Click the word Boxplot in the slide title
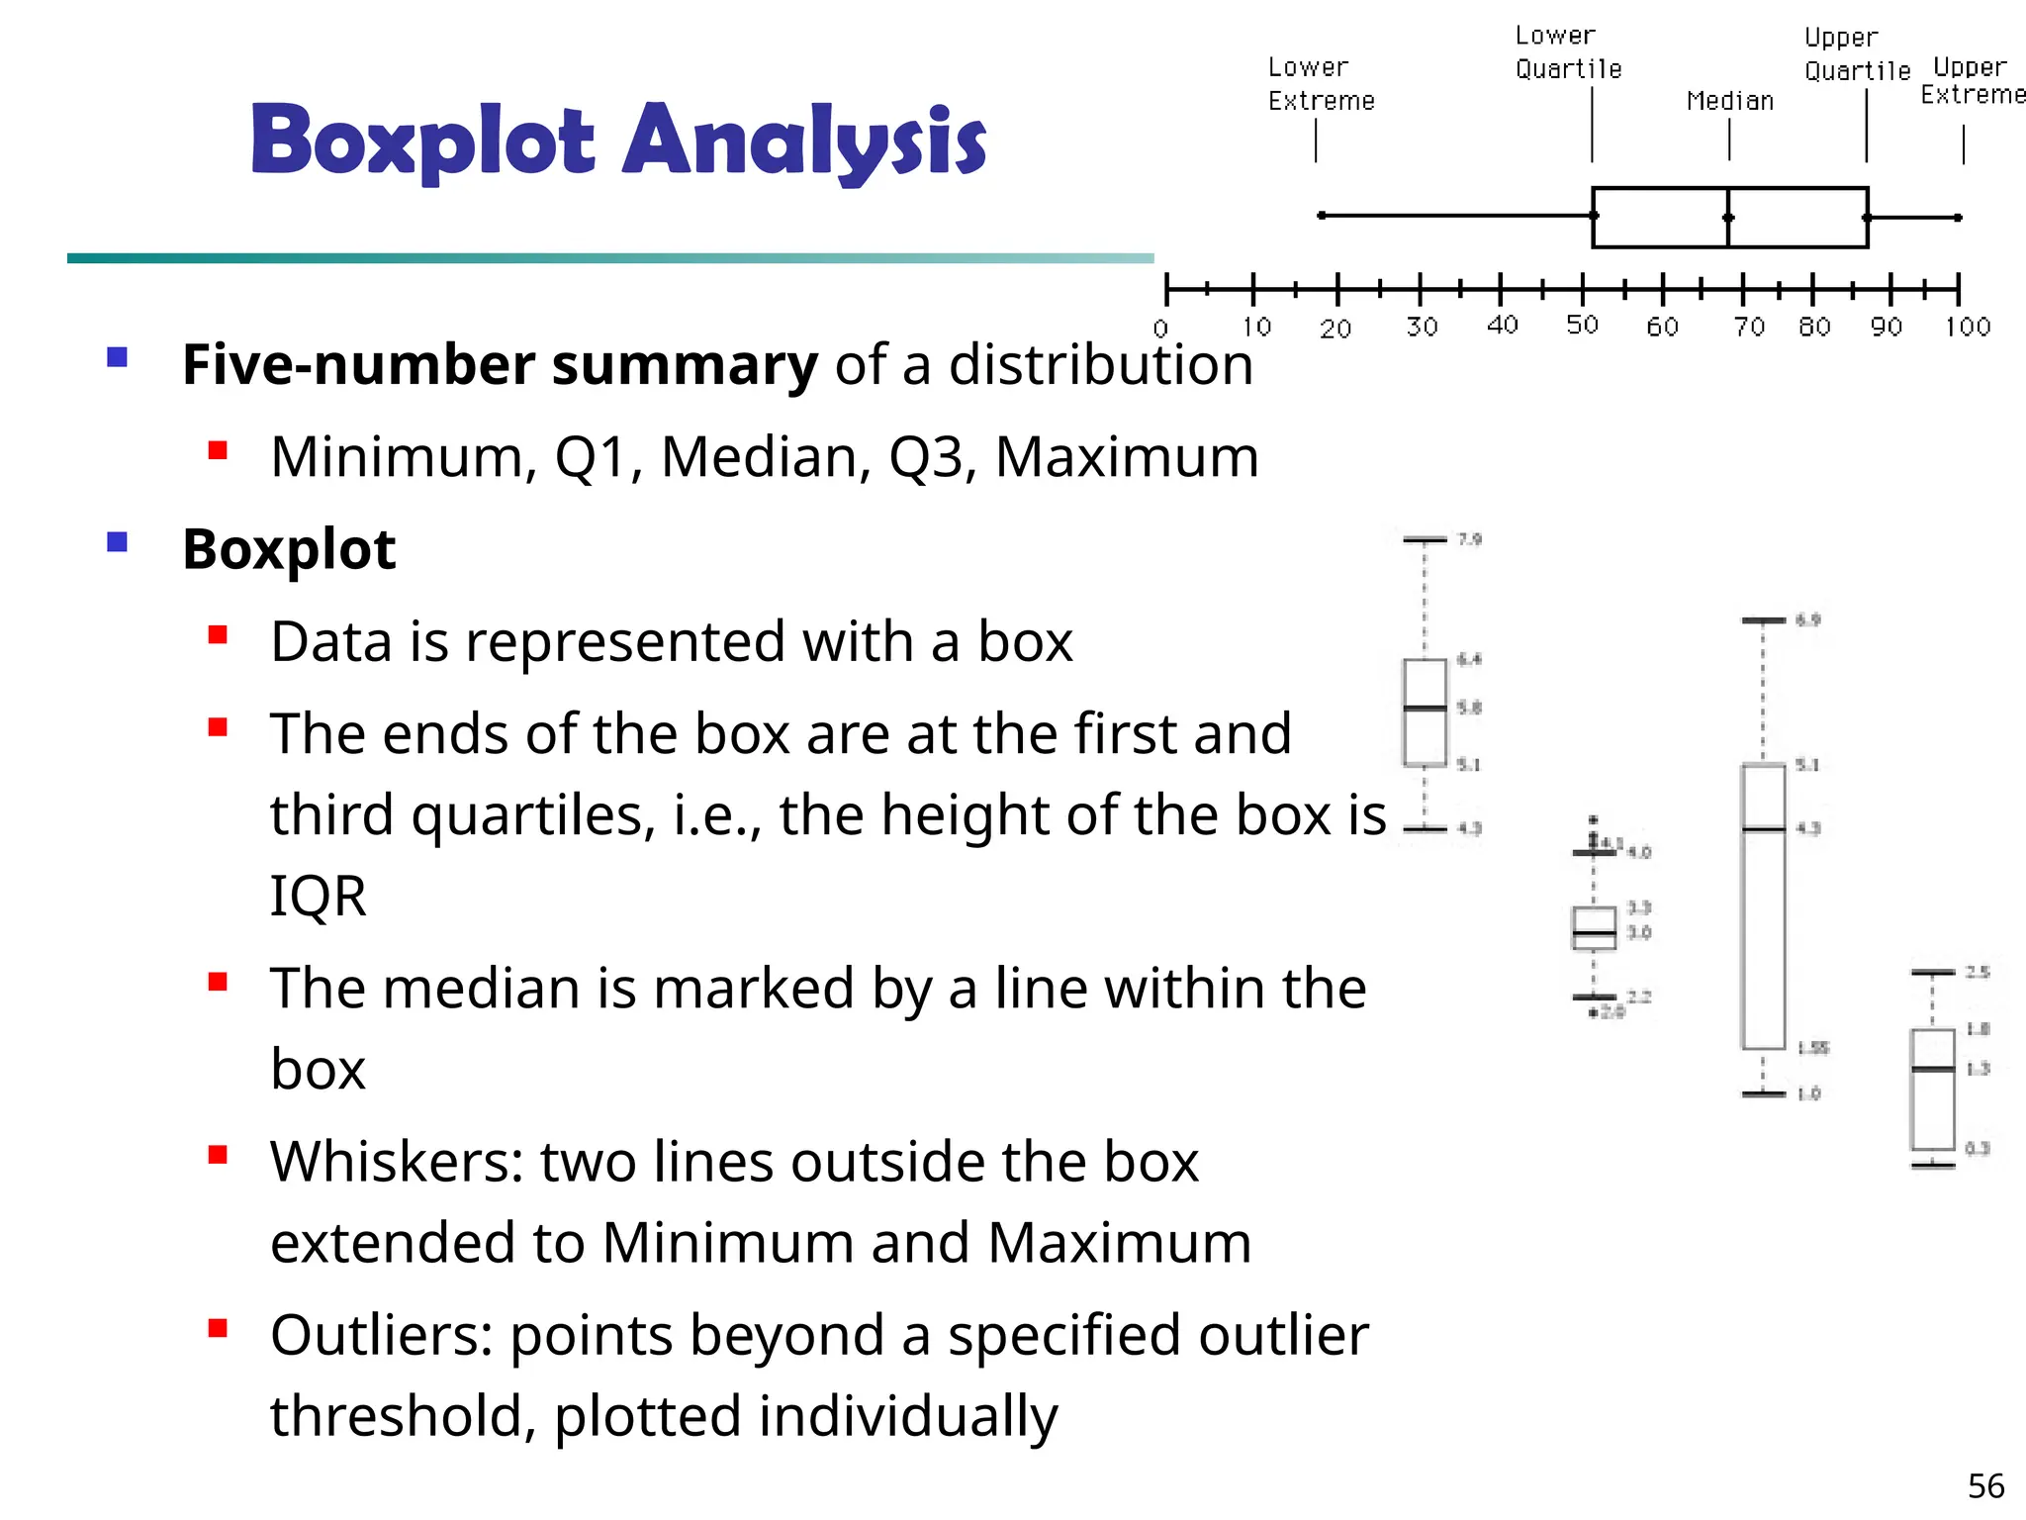[422, 142]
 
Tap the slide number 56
[1985, 1485]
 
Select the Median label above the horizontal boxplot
[1729, 101]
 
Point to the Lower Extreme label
[1321, 84]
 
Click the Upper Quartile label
[1856, 54]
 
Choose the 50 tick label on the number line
[1582, 326]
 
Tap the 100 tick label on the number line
[1967, 327]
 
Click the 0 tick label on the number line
[1161, 329]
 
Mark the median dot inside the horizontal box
[1728, 218]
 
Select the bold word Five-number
[358, 365]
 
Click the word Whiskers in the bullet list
[397, 1161]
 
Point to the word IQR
[318, 897]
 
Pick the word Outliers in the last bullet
[382, 1335]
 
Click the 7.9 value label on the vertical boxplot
[1470, 539]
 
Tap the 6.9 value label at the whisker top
[1808, 620]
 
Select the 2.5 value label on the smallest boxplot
[1977, 972]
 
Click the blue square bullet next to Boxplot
[118, 542]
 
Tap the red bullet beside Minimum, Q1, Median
[218, 451]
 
